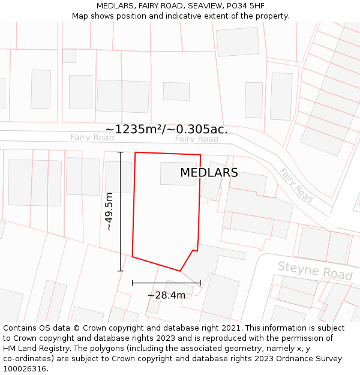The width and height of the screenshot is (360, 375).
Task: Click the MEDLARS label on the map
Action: click(x=209, y=173)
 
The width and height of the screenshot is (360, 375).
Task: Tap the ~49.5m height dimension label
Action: click(x=109, y=211)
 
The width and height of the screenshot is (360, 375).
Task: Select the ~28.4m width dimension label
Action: click(x=166, y=295)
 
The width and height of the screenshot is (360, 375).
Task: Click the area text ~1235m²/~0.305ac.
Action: click(x=166, y=129)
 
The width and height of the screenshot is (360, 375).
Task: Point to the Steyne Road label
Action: click(x=315, y=271)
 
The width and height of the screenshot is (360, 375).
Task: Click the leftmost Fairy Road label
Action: click(x=92, y=137)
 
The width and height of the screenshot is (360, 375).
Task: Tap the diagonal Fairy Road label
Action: click(x=296, y=185)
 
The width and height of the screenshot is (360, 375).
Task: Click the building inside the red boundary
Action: click(x=178, y=173)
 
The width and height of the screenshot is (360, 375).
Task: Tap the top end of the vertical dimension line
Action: click(x=121, y=152)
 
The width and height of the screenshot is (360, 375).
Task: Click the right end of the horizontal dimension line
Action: click(x=200, y=282)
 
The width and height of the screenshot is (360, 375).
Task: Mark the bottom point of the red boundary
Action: click(x=180, y=271)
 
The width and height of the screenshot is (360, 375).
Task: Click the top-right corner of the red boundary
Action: click(x=200, y=155)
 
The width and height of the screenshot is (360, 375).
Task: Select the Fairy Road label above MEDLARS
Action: click(x=197, y=139)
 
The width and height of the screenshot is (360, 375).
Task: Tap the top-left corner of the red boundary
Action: click(x=135, y=152)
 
